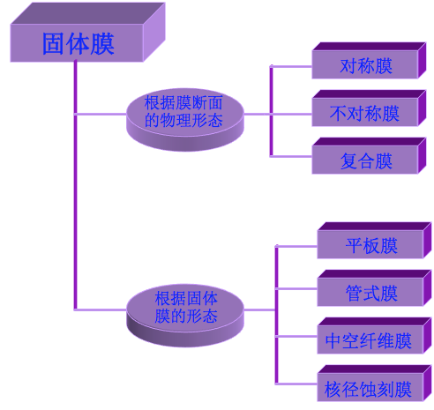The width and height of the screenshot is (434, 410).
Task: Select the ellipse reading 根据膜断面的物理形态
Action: [183, 114]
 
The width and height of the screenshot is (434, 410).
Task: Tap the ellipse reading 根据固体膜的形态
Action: [185, 308]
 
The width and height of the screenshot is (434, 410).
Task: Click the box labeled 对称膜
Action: [365, 66]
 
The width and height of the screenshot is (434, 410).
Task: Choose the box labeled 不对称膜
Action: [365, 114]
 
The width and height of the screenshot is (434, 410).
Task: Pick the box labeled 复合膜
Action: [365, 161]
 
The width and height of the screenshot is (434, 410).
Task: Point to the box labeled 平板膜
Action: [370, 245]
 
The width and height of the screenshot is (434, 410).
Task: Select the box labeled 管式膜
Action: [370, 293]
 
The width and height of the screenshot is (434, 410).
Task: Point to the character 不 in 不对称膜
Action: [338, 114]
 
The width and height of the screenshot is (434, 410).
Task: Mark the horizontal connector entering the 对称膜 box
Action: [291, 66]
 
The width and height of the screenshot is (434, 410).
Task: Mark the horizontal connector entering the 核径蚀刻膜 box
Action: [296, 384]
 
